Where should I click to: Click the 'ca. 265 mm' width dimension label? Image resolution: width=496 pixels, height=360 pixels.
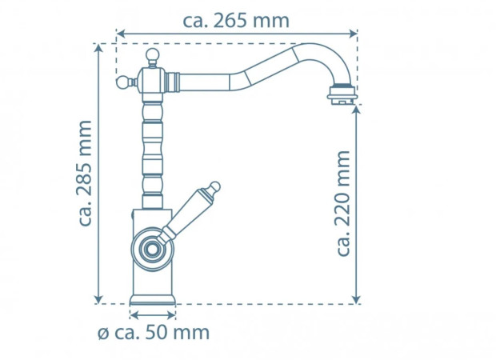[x=236, y=21]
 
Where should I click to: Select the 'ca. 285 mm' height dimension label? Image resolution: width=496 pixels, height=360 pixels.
[x=85, y=173]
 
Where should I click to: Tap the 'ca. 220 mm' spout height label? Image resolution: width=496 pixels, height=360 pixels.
[x=343, y=203]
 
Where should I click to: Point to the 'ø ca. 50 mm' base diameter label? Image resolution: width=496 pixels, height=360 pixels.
[x=154, y=333]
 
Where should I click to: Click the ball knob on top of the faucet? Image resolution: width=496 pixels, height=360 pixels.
[x=153, y=56]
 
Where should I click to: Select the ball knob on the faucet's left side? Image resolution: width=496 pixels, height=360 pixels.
[x=122, y=83]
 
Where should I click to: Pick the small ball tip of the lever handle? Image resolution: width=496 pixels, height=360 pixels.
[x=214, y=186]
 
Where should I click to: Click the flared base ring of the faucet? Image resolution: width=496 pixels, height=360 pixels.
[x=153, y=301]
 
